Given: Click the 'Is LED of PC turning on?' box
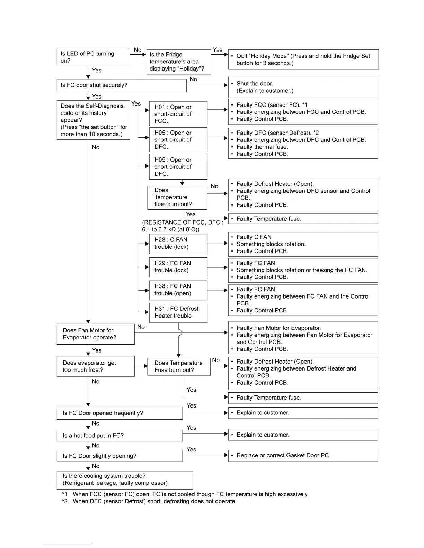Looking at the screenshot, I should click(93, 57).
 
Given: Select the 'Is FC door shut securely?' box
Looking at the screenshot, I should click(121, 85).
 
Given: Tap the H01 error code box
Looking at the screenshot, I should click(178, 114).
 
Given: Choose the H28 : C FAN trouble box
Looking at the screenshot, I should click(178, 244).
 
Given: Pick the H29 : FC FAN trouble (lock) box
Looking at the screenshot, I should click(178, 267).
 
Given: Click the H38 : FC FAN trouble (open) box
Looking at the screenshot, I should click(178, 290).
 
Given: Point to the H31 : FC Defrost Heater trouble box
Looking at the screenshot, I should click(178, 312).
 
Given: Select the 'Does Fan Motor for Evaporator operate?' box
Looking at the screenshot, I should click(95, 334).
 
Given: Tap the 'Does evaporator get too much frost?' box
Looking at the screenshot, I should click(95, 366).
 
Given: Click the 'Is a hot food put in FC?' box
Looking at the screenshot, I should click(120, 436).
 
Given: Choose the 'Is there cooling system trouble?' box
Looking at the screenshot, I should click(125, 480).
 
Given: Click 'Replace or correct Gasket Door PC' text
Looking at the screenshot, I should click(283, 456).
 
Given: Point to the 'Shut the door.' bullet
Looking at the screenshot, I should click(255, 84).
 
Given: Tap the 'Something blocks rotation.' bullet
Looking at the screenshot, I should click(271, 244).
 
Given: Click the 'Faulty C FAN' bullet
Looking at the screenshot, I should click(254, 237).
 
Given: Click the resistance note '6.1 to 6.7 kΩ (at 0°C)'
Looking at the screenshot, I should click(170, 230).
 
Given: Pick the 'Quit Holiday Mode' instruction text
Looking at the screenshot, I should click(303, 60).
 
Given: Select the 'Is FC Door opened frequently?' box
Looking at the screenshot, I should click(120, 413).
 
